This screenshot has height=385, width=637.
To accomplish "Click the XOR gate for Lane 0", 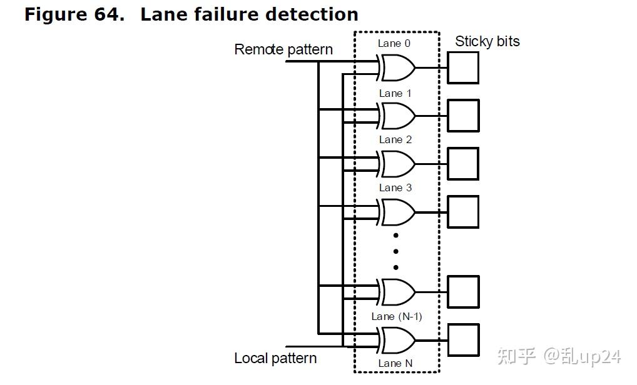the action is [x=397, y=67].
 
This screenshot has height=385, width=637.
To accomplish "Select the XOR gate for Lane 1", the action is [x=397, y=116].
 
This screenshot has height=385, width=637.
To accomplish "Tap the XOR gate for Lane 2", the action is [x=397, y=164].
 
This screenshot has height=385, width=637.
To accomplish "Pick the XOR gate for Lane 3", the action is [x=397, y=212].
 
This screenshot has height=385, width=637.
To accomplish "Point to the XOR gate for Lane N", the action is [x=397, y=340].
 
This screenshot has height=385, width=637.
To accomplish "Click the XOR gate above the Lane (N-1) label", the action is [x=397, y=292].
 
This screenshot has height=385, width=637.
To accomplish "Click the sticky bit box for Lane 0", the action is [x=463, y=67].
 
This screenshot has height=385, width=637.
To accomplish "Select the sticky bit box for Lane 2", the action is [x=463, y=164].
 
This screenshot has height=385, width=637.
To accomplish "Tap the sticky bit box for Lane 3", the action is [x=463, y=212].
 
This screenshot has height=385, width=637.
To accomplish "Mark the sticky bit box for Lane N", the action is [x=463, y=340].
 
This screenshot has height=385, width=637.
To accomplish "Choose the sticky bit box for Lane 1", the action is [x=463, y=116].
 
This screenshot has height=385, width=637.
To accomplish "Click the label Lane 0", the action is [x=394, y=43].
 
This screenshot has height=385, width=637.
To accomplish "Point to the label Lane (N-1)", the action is [x=397, y=316].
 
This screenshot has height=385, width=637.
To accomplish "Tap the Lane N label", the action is [x=395, y=364].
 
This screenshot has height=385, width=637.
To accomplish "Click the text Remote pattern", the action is [x=283, y=49].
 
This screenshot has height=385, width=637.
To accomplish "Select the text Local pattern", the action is [x=275, y=358].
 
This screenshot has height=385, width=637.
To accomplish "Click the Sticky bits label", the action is [x=487, y=41].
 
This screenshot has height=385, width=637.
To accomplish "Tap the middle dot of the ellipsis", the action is [x=396, y=251].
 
